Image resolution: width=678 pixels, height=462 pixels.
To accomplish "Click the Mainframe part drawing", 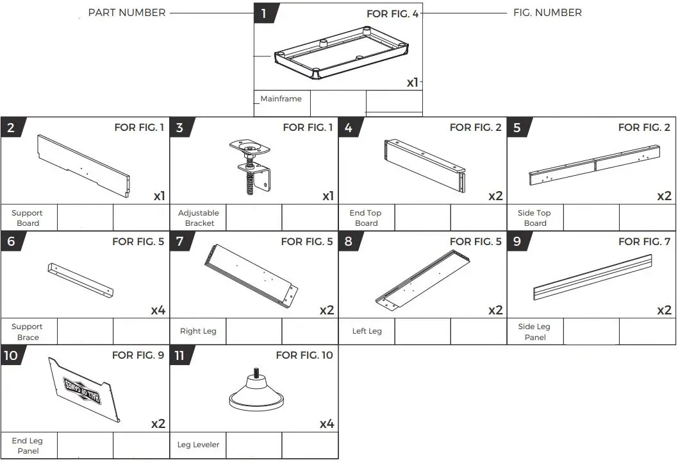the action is click(342, 53).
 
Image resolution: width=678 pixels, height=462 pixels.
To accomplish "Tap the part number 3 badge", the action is click(180, 127).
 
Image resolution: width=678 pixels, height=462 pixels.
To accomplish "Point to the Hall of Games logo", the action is click(83, 389).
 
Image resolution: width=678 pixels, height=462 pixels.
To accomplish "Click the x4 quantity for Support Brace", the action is click(158, 311).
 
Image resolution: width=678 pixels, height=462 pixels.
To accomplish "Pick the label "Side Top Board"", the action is click(534, 218).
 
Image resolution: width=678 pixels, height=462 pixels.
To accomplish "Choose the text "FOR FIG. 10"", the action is click(304, 355).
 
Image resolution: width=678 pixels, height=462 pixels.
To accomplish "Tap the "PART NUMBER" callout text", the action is click(127, 13).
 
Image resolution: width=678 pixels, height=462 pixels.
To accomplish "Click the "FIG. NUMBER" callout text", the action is click(547, 13).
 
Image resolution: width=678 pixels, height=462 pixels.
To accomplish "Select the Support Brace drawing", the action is click(81, 280).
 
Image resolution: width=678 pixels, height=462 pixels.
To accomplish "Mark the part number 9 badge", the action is click(518, 241).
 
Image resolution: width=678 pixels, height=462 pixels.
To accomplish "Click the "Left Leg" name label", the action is click(367, 331).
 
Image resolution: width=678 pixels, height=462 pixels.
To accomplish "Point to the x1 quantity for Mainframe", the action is click(413, 82).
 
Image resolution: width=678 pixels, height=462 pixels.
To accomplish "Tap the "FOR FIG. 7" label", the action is click(644, 242).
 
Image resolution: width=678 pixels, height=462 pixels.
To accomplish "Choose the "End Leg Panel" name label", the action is click(28, 445).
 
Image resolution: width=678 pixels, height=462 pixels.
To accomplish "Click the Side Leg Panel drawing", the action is click(593, 277).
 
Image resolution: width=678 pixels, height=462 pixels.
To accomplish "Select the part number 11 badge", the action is click(180, 355).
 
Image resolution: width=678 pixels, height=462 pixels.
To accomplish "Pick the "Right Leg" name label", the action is click(198, 331).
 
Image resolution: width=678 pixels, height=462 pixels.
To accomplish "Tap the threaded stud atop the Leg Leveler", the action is click(256, 372).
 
